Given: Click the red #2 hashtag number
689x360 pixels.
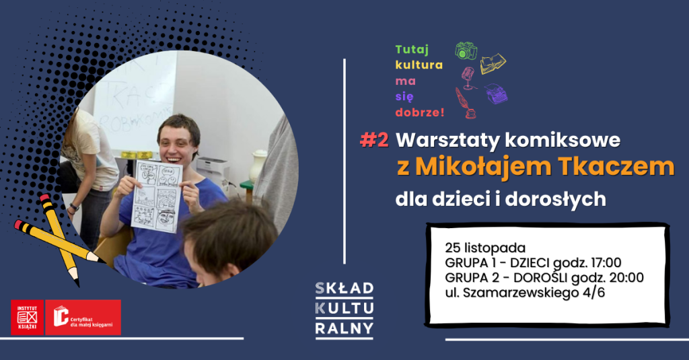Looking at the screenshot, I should tap(374, 140).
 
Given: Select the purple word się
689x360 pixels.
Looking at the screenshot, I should tap(403, 95).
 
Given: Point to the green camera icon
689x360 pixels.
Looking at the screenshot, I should tap(466, 50).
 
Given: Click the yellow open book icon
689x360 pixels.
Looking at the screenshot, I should tap(493, 63).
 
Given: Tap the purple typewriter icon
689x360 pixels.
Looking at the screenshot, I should tap(497, 93).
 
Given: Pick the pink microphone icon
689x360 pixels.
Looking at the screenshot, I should tap(468, 76).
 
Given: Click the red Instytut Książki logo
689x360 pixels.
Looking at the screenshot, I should tap(27, 317).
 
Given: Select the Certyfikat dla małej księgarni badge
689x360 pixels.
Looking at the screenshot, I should tap(83, 317).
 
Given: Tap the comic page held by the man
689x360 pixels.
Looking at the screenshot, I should tap(157, 195).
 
